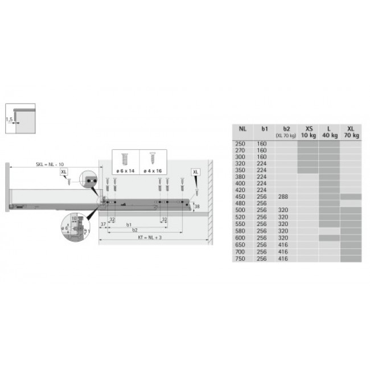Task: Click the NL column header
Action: [242, 129]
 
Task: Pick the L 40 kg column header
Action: [328, 132]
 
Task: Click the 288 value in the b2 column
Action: [283, 196]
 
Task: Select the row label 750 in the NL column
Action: [240, 258]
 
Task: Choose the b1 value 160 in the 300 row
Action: [262, 156]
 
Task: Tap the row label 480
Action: [240, 202]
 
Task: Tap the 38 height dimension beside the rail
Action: [197, 207]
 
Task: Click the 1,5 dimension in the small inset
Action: [9, 120]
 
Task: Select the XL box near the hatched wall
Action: [196, 171]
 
